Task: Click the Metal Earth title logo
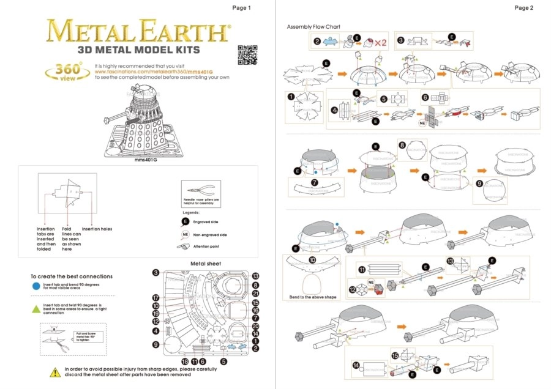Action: pyautogui.click(x=138, y=31)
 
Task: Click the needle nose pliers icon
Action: pyautogui.click(x=201, y=188)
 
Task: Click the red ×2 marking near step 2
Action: pyautogui.click(x=380, y=43)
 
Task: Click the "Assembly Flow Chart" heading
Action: pyautogui.click(x=313, y=27)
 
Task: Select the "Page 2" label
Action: pyautogui.click(x=523, y=8)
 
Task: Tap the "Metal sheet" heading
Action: pyautogui.click(x=206, y=264)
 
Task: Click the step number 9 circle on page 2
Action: pyautogui.click(x=479, y=183)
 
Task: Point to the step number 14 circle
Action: pyautogui.click(x=356, y=365)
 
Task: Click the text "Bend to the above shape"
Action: pyautogui.click(x=313, y=297)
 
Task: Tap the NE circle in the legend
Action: pyautogui.click(x=185, y=234)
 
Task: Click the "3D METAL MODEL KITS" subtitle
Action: pyautogui.click(x=138, y=50)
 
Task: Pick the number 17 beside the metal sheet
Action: pyautogui.click(x=156, y=298)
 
